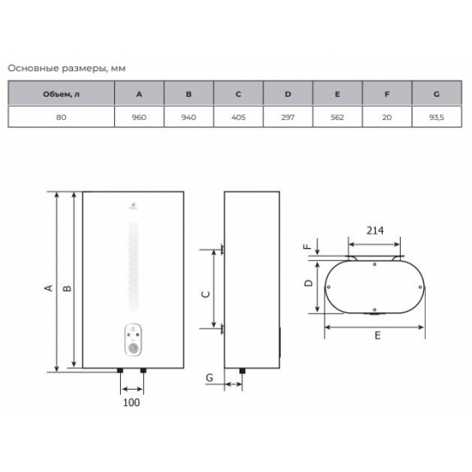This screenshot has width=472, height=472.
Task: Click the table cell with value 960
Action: coord(139,117)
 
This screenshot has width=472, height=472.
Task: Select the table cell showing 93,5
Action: coord(437,117)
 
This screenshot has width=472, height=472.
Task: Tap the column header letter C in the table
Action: coord(238,94)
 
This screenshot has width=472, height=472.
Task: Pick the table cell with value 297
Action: coord(287,117)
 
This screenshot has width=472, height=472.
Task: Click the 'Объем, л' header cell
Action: coord(61,94)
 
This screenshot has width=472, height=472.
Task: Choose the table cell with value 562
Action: coord(337,117)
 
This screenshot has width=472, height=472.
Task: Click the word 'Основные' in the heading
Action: coord(33,68)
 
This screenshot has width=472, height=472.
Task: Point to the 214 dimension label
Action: coord(375,231)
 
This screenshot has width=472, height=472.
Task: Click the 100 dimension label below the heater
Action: coord(131,402)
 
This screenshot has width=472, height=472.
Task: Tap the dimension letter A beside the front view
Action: coord(48,288)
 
